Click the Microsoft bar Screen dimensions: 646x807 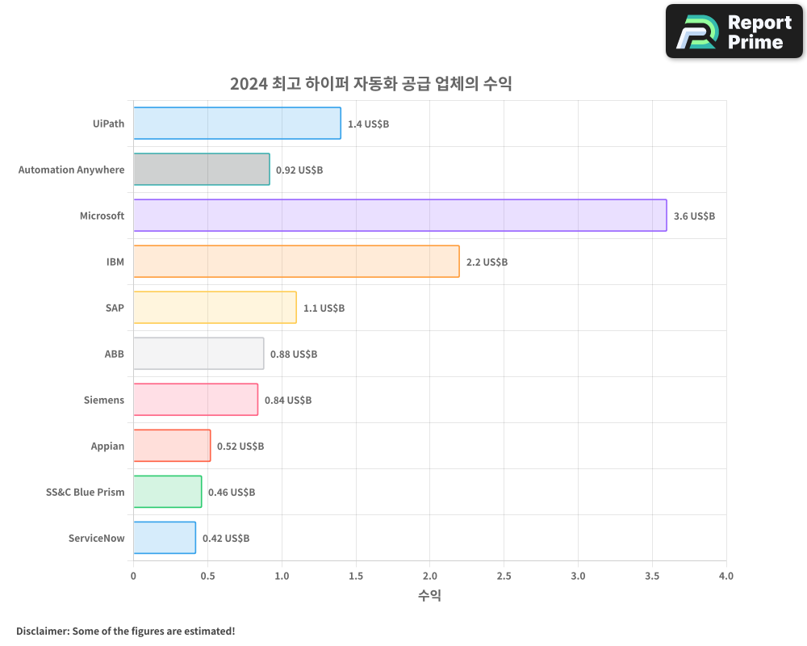point(399,216)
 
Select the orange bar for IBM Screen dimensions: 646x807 point(296,262)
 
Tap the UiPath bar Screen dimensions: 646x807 point(236,124)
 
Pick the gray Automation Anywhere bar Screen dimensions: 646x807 point(201,170)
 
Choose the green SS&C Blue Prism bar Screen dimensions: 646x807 point(167,492)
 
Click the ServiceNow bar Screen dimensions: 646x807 point(164,538)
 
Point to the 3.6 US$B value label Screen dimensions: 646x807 point(694,216)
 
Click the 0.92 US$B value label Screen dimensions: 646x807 point(299,170)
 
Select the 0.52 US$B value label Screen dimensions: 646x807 point(240,447)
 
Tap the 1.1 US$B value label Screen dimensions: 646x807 point(324,308)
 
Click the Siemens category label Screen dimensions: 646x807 point(104,400)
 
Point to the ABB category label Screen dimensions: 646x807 point(114,354)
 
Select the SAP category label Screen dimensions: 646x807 point(115,308)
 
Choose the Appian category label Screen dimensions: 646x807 point(107,446)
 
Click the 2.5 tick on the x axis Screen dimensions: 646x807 point(504,576)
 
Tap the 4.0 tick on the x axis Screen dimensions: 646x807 point(725,576)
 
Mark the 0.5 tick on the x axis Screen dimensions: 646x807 point(207,576)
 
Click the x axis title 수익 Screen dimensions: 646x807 point(429,596)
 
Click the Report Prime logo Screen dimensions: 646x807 point(734,31)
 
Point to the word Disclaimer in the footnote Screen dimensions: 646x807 point(41,631)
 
